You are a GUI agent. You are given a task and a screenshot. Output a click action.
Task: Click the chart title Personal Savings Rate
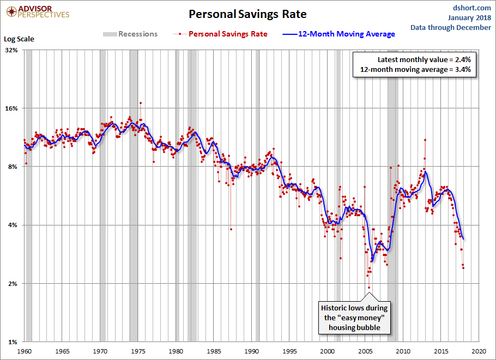[248, 14]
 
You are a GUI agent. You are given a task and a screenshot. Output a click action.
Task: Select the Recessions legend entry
[130, 34]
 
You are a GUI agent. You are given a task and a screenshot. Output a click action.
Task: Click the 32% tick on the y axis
[11, 50]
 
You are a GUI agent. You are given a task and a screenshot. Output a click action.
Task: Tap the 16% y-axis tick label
[11, 108]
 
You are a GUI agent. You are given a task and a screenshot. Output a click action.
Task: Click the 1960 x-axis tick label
[25, 351]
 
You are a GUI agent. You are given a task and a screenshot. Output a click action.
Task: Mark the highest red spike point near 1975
[140, 102]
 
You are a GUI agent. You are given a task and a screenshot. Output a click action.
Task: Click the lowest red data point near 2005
[369, 288]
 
